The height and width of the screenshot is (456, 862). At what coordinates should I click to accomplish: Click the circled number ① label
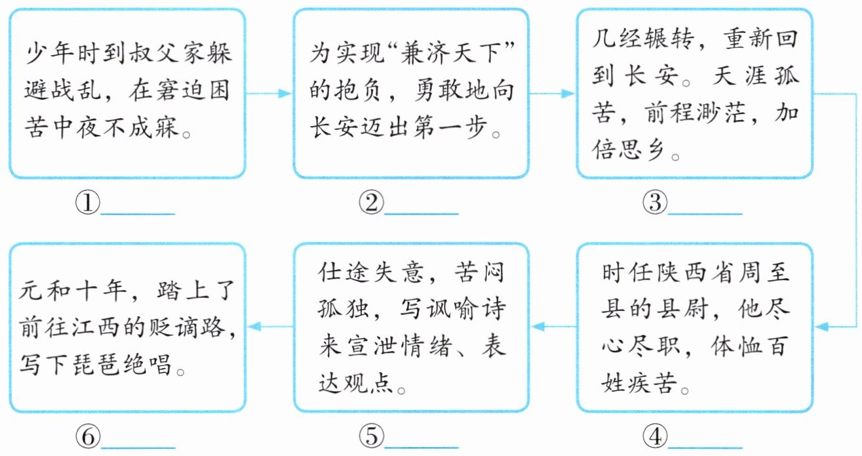click(x=87, y=205)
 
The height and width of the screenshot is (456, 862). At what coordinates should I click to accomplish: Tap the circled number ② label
click(x=371, y=205)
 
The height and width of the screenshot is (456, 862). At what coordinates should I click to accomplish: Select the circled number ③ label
click(x=655, y=205)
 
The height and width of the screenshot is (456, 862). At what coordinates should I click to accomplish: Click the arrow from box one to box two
click(x=269, y=94)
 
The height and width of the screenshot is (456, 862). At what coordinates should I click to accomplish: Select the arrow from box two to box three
click(x=552, y=94)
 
